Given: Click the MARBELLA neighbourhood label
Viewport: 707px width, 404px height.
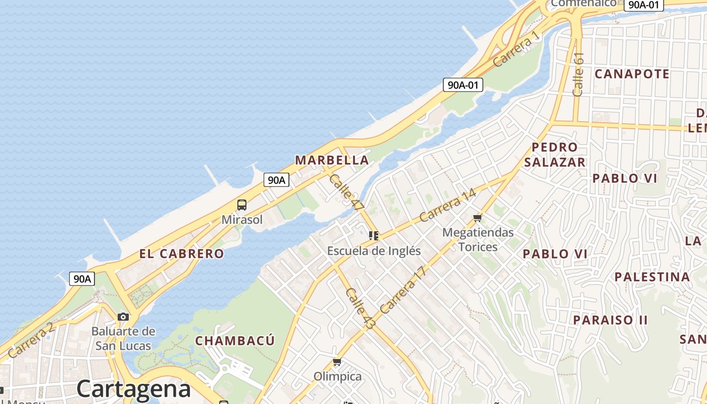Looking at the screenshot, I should pyautogui.click(x=332, y=160).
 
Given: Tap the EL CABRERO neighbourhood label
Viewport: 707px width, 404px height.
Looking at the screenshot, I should pyautogui.click(x=181, y=254).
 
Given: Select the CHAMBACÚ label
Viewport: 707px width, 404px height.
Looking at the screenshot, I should pyautogui.click(x=235, y=340).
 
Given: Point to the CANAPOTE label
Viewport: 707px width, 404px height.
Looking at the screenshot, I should pyautogui.click(x=632, y=74).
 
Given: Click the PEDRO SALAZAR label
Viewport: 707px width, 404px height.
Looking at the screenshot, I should pyautogui.click(x=554, y=155).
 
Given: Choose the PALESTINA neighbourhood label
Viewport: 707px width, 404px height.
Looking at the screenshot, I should pyautogui.click(x=652, y=277).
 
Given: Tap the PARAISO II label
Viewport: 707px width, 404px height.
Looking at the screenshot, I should pyautogui.click(x=610, y=320).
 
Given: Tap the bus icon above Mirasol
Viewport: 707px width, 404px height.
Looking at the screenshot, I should pyautogui.click(x=242, y=205).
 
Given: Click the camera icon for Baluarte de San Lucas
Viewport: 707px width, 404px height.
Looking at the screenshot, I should pyautogui.click(x=123, y=317).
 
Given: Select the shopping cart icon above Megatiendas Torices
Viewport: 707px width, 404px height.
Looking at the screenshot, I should pyautogui.click(x=478, y=218).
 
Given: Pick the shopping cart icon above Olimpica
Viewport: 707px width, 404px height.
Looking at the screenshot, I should pyautogui.click(x=337, y=362).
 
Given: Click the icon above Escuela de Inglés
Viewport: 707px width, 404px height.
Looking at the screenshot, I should pyautogui.click(x=374, y=235).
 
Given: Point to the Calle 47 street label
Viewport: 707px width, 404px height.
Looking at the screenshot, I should pyautogui.click(x=346, y=192).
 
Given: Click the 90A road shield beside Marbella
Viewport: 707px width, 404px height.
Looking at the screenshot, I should pyautogui.click(x=276, y=179).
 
